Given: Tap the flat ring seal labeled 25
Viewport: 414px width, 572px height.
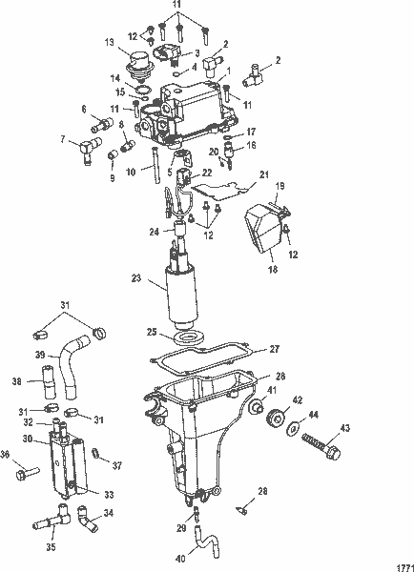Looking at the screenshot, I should point(188,339).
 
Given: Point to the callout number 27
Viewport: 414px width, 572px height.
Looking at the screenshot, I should point(274,349).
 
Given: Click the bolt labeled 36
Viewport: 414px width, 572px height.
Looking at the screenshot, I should point(30,472).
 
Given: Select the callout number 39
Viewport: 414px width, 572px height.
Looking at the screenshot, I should point(41,354).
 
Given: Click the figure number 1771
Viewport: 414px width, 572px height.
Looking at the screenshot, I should point(400,562).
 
